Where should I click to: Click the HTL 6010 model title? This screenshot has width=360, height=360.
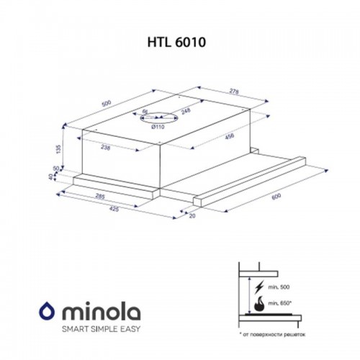point(179,42)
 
